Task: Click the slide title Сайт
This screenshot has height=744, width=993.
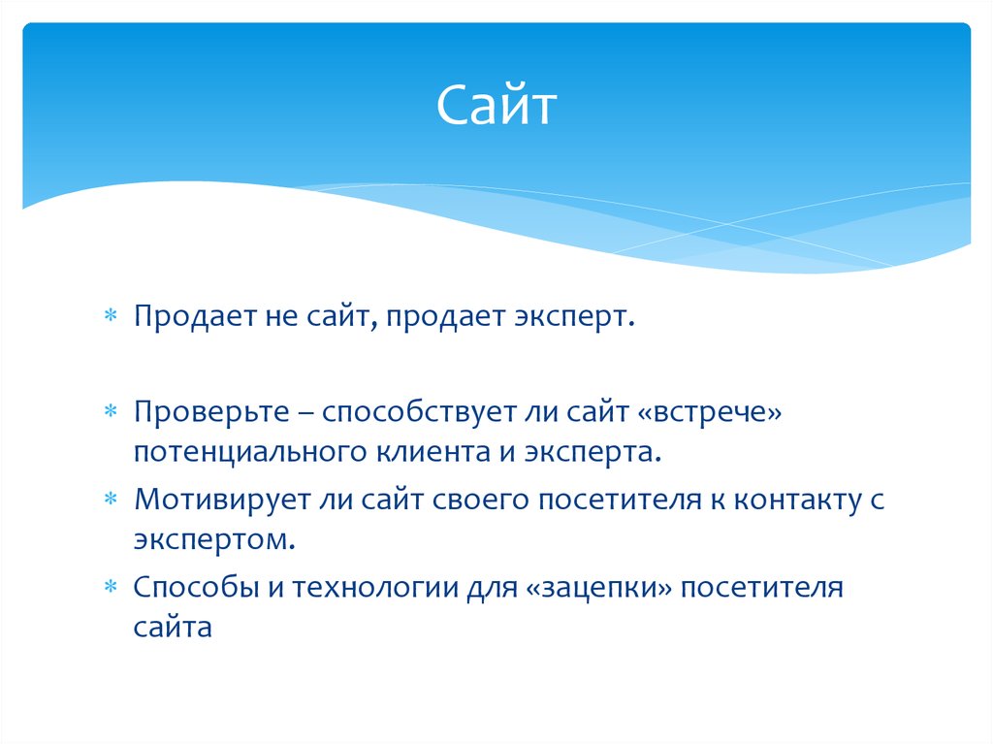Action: [x=496, y=106]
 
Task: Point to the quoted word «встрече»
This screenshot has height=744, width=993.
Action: [x=709, y=414]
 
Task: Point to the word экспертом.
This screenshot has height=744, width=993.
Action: [x=214, y=539]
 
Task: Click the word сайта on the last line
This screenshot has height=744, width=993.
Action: [x=173, y=627]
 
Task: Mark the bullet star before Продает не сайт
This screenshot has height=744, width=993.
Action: [x=111, y=318]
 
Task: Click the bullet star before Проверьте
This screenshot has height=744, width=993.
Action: [x=111, y=415]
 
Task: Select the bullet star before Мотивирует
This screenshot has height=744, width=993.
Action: [x=111, y=501]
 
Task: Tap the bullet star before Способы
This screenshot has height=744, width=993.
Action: [x=111, y=589]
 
